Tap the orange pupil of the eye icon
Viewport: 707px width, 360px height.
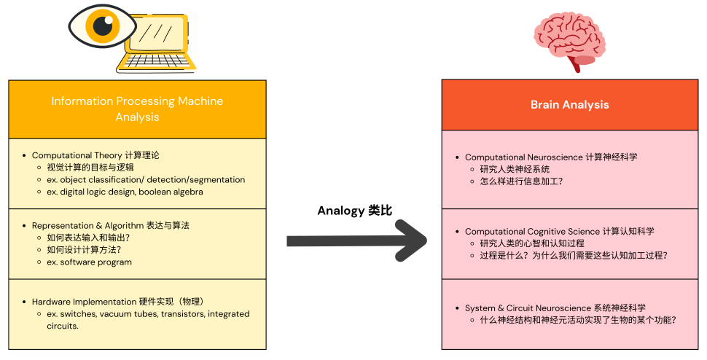[x=101, y=27]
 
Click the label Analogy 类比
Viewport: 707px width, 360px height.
[x=355, y=211]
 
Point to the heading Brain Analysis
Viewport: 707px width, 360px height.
[x=569, y=105]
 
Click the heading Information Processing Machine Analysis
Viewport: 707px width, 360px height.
[x=137, y=109]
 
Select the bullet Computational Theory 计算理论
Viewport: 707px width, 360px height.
[x=95, y=155]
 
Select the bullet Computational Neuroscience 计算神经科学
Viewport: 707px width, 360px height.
[x=551, y=157]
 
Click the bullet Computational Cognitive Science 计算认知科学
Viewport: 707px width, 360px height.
[x=559, y=231]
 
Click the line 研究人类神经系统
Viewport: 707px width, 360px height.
[x=515, y=169]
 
